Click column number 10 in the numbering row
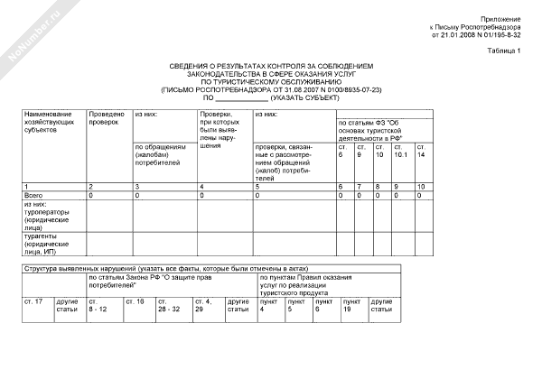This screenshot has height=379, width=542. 420,186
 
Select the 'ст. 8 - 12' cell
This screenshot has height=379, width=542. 98,305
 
